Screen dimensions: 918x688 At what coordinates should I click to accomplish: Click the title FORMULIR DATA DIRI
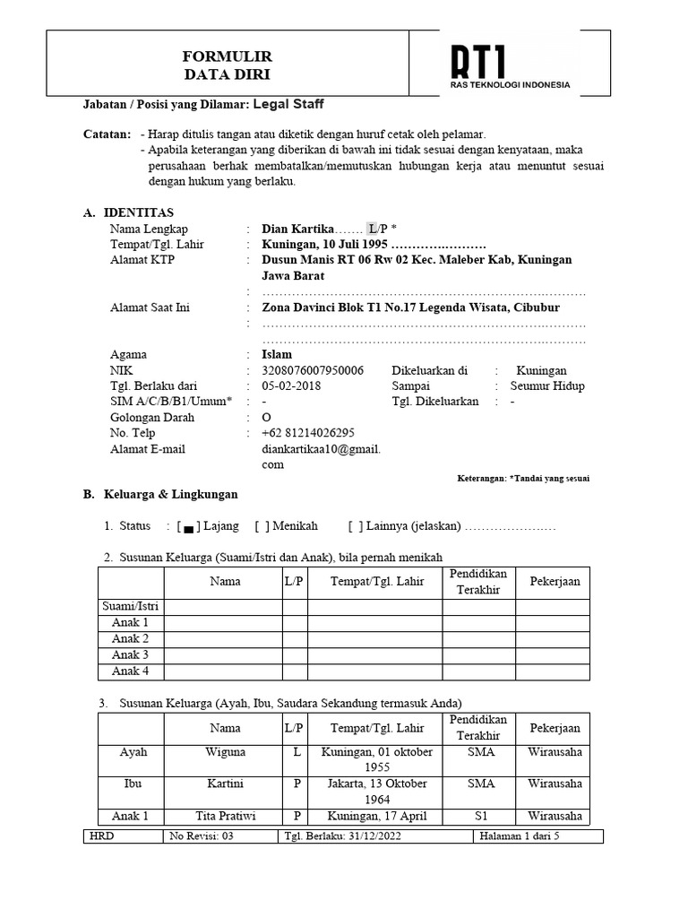(x=227, y=65)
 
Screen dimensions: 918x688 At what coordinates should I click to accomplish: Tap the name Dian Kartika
(x=297, y=229)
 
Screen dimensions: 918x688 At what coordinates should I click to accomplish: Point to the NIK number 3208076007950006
(x=313, y=370)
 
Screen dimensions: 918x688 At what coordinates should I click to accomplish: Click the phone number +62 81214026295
(x=308, y=433)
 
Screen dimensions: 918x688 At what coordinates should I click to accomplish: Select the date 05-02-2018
(x=291, y=386)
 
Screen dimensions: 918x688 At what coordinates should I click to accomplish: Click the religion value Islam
(x=277, y=354)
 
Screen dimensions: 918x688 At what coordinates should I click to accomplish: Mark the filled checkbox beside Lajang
(x=188, y=527)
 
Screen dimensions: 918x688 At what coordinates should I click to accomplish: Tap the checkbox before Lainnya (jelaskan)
(x=356, y=526)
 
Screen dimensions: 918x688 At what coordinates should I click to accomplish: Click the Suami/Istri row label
(x=130, y=607)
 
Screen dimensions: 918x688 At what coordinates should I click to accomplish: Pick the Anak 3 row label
(x=130, y=655)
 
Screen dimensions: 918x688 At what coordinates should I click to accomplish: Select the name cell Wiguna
(x=224, y=752)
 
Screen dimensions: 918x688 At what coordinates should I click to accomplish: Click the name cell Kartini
(x=224, y=784)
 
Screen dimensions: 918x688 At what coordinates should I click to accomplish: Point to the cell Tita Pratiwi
(x=224, y=816)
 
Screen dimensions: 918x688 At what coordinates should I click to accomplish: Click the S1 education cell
(x=480, y=816)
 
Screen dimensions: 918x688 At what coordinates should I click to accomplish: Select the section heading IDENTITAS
(x=139, y=212)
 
